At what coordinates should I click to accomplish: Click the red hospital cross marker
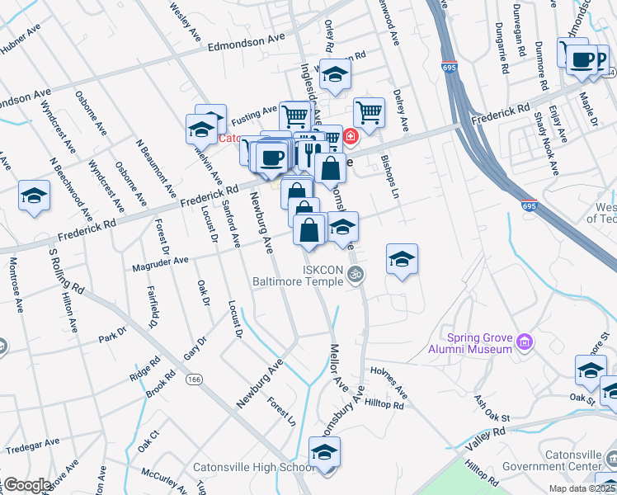[351, 136]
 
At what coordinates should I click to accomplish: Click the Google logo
[26, 485]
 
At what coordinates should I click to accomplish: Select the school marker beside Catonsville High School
[325, 453]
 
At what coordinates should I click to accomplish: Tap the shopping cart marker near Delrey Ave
[369, 112]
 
